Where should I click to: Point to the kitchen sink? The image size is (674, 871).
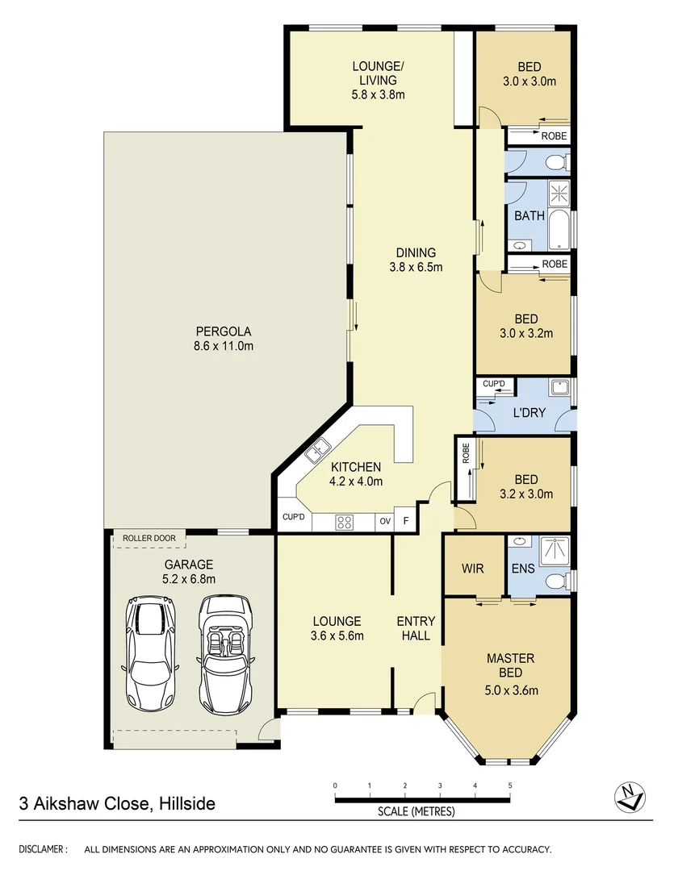pyautogui.click(x=316, y=450)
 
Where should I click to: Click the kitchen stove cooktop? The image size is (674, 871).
pyautogui.click(x=345, y=522)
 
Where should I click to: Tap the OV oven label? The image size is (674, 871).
pyautogui.click(x=385, y=522)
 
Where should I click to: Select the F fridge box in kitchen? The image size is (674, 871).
pyautogui.click(x=406, y=522)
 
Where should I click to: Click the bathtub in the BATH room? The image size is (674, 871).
pyautogui.click(x=558, y=231)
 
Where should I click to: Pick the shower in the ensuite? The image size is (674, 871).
pyautogui.click(x=553, y=551)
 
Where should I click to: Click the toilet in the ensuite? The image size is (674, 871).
pyautogui.click(x=555, y=581)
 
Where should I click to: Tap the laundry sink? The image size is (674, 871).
pyautogui.click(x=559, y=388)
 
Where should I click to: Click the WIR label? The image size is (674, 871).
pyautogui.click(x=473, y=569)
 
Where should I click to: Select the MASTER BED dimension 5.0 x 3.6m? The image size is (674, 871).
pyautogui.click(x=511, y=690)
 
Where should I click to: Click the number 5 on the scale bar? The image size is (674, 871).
pyautogui.click(x=510, y=785)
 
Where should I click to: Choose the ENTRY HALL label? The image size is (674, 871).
pyautogui.click(x=416, y=628)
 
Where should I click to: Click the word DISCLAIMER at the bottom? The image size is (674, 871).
pyautogui.click(x=43, y=849)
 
